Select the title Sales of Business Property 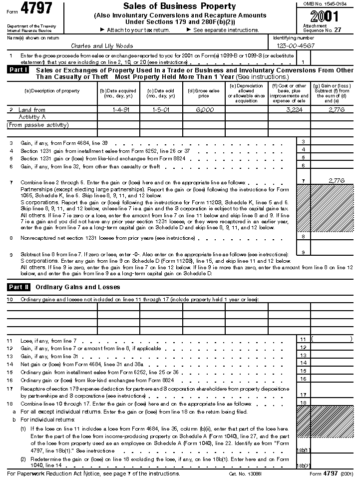pyautogui.click(x=179, y=6)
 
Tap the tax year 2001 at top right pyautogui.click(x=327, y=16)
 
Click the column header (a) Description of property pyautogui.click(x=52, y=91)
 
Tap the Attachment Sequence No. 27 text pyautogui.click(x=322, y=27)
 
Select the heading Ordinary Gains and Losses pyautogui.click(x=78, y=287)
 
